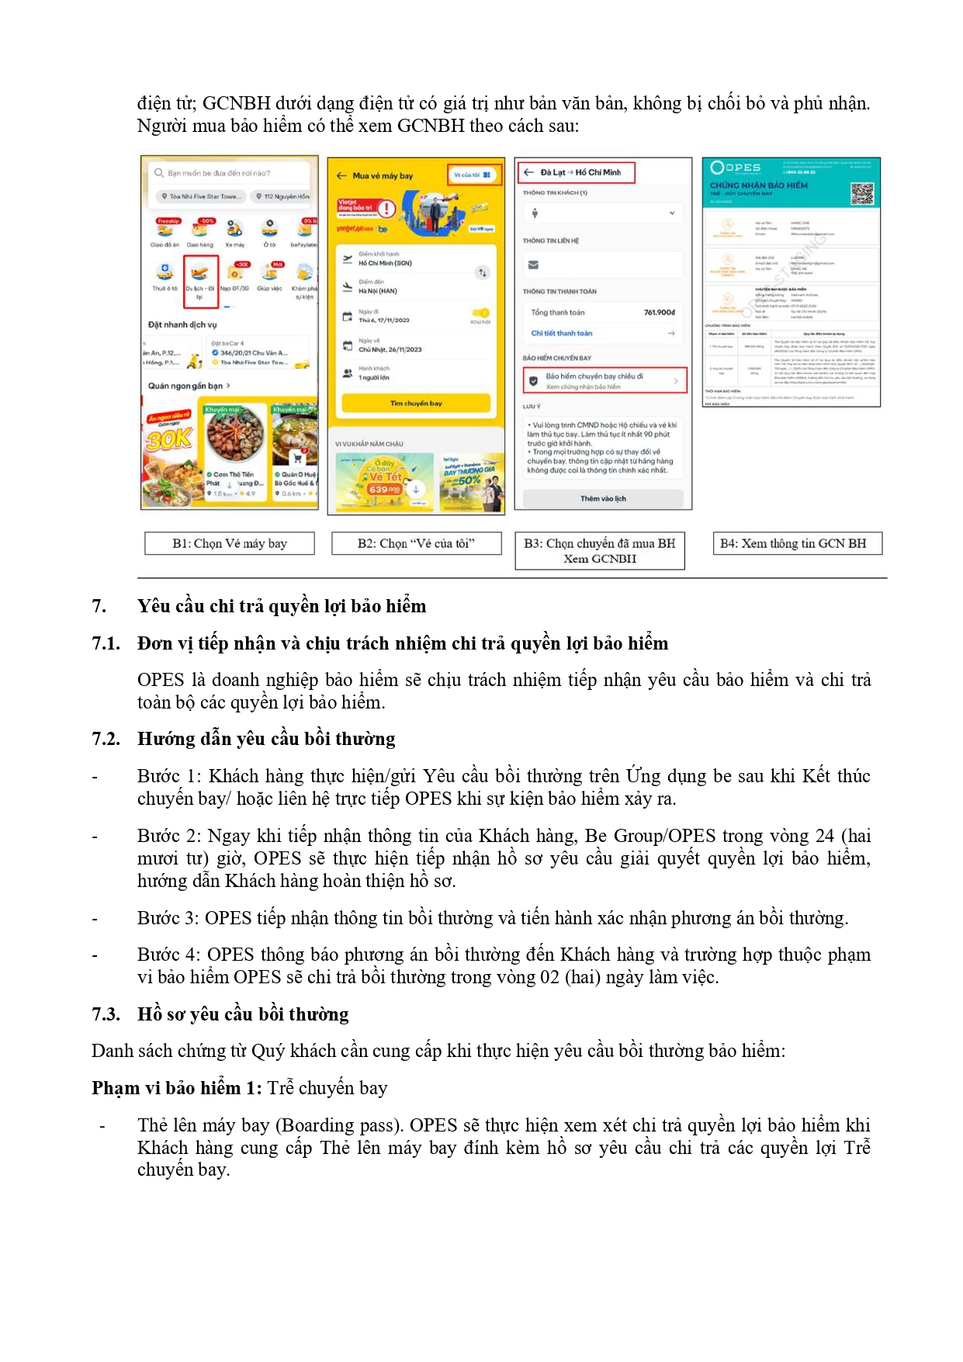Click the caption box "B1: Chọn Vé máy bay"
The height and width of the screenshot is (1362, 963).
pyautogui.click(x=230, y=543)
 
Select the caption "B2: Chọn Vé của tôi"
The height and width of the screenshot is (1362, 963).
pyautogui.click(x=416, y=543)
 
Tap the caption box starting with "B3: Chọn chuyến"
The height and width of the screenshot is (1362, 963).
pyautogui.click(x=600, y=550)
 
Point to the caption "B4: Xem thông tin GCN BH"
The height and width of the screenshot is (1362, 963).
pyautogui.click(x=793, y=543)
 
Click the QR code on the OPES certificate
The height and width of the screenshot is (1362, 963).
pyautogui.click(x=861, y=193)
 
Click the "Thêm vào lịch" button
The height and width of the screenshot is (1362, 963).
pyautogui.click(x=603, y=498)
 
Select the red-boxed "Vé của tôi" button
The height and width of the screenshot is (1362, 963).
pyautogui.click(x=473, y=175)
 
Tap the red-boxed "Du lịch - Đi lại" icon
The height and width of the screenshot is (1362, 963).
pyautogui.click(x=199, y=281)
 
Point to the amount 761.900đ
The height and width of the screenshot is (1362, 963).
pyautogui.click(x=659, y=312)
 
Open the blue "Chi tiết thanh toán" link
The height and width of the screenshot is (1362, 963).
pyautogui.click(x=561, y=333)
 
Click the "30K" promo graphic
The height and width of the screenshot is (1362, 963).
pyautogui.click(x=168, y=438)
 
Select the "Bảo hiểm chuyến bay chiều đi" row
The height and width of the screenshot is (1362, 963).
pyautogui.click(x=604, y=380)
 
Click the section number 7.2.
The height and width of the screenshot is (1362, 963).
pyautogui.click(x=106, y=739)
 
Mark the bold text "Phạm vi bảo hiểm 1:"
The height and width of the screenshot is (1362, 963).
pyautogui.click(x=177, y=1088)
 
